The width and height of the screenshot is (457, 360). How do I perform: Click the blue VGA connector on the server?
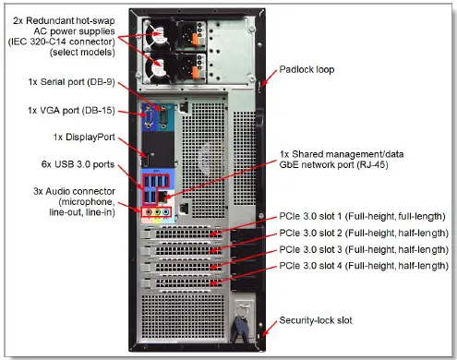point(148,116)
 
